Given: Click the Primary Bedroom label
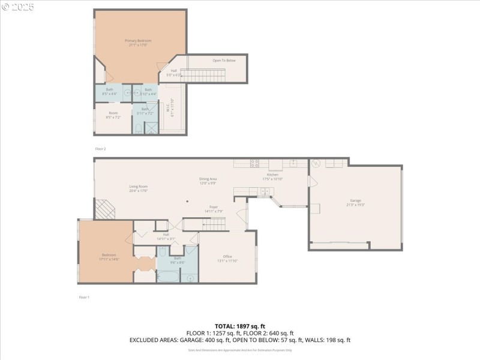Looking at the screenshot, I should (139, 43).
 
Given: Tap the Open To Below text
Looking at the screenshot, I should (224, 61).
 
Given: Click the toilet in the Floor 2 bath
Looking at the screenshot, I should (139, 128).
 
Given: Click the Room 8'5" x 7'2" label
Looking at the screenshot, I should (113, 115).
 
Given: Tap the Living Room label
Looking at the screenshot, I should (138, 188).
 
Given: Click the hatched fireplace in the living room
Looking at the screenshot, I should (106, 209).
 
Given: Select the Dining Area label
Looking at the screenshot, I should (208, 181).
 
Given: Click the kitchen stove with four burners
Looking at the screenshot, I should (254, 163).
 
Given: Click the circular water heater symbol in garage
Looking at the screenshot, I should (316, 163).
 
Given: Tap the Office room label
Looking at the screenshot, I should (227, 258).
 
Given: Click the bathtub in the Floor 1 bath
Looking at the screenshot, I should (167, 277).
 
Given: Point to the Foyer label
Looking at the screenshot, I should (213, 208).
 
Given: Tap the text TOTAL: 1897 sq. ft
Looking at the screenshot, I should (240, 325).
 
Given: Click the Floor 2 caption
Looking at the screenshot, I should (100, 148).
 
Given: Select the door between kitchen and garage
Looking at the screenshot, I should (310, 181).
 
